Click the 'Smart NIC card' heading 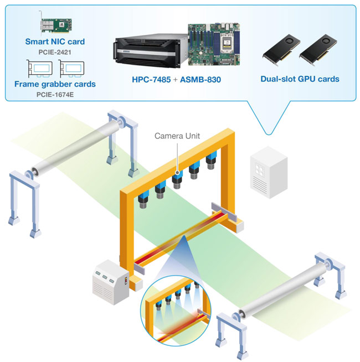click(55, 42)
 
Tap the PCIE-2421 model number click(55, 52)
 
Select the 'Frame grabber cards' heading click(55, 84)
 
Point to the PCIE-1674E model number click(55, 95)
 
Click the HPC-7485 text click(151, 80)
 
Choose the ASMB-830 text click(200, 80)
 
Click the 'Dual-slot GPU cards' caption click(300, 79)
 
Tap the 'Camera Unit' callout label click(177, 136)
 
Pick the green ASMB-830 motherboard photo click(214, 44)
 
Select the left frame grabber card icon click(39, 69)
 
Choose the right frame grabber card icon click(71, 69)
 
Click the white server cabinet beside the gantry click(269, 172)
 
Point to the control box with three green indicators click(111, 282)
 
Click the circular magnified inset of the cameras click(176, 311)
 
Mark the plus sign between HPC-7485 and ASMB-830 click(176, 80)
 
